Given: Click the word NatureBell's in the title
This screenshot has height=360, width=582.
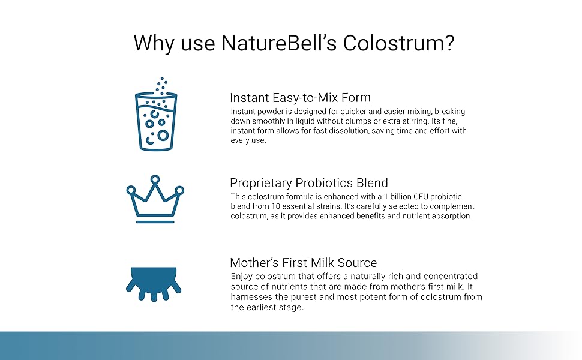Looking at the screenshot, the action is (x=279, y=43).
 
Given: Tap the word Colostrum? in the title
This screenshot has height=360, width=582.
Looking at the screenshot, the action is (x=398, y=43).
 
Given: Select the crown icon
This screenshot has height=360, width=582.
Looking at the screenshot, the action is (x=155, y=199).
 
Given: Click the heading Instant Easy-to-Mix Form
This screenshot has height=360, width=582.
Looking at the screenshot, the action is (x=300, y=98).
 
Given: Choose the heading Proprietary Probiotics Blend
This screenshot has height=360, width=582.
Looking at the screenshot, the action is (x=309, y=183).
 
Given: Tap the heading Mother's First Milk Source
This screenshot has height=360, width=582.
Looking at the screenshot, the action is (x=303, y=263).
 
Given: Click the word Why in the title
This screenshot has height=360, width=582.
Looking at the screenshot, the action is (x=154, y=43).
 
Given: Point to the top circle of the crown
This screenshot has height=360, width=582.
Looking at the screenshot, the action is (x=155, y=179).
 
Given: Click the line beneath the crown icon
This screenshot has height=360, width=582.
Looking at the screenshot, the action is (x=155, y=222).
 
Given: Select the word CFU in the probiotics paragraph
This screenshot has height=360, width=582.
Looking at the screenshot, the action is (x=421, y=196).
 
